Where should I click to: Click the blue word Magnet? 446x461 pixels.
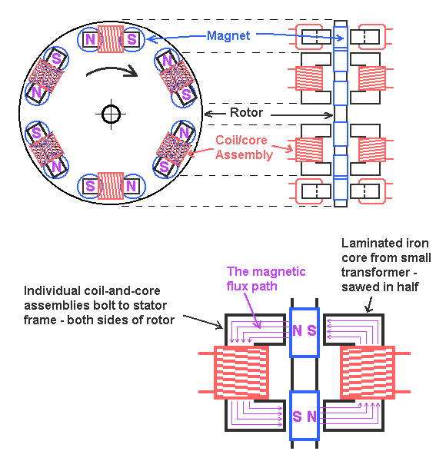(228, 35)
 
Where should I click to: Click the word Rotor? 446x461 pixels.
(246, 112)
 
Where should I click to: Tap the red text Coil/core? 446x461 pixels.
(241, 140)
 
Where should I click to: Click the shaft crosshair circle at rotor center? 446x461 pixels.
(111, 114)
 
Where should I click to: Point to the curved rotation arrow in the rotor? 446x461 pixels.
(111, 69)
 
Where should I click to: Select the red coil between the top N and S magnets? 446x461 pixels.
(110, 39)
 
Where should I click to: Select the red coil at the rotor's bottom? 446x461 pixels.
(110, 186)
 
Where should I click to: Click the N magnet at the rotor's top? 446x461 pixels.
(90, 39)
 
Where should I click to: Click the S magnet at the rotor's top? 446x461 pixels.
(131, 39)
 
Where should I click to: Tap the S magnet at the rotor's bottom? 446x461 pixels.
(90, 186)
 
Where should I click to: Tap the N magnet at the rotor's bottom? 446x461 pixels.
(131, 186)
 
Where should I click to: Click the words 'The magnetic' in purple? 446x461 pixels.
(266, 271)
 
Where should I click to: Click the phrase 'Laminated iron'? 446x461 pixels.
(384, 243)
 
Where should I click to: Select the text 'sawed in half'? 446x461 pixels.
(380, 287)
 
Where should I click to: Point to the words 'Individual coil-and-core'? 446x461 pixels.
(92, 290)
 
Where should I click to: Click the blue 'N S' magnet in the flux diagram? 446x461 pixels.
(305, 333)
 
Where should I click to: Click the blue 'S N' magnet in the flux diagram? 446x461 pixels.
(305, 416)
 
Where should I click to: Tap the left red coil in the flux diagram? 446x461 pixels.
(241, 373)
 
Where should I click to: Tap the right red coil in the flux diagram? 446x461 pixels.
(368, 373)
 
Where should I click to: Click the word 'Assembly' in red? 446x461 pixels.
(244, 155)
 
